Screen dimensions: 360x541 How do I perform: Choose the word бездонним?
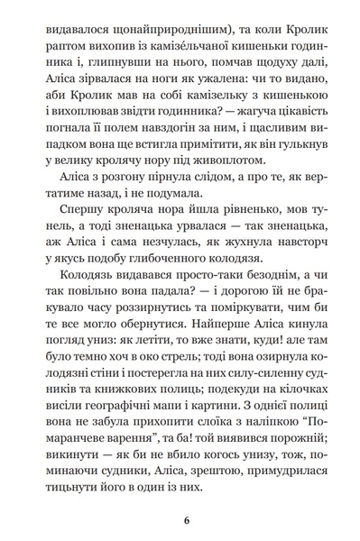point(250,323)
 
